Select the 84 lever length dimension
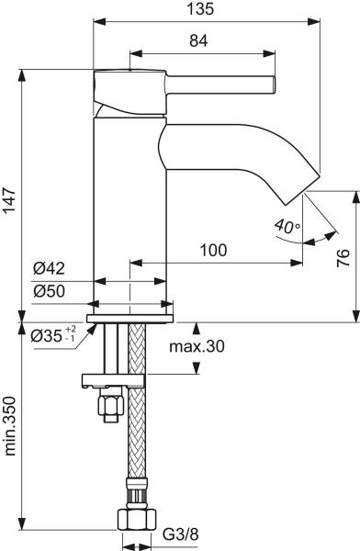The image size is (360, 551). (x=199, y=40)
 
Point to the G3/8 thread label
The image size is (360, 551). (x=178, y=534)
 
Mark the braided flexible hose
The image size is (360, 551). (x=138, y=432)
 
